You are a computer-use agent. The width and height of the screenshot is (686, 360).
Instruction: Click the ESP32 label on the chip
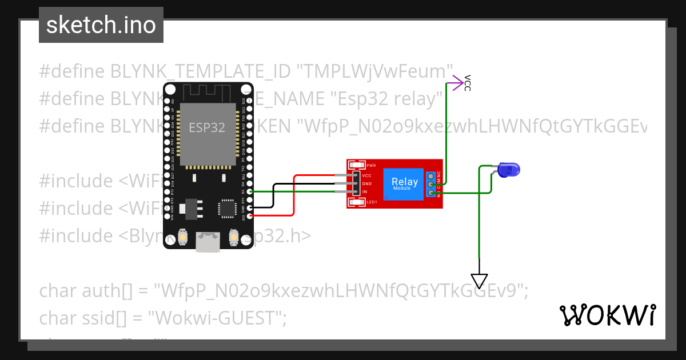207,127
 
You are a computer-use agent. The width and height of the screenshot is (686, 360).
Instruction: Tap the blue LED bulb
508,169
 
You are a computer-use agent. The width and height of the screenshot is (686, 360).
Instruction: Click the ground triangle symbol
479,281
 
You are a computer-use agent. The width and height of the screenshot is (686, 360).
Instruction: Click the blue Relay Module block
404,183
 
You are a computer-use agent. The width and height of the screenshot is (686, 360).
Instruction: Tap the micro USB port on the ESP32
207,241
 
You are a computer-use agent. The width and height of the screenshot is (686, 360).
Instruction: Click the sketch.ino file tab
101,25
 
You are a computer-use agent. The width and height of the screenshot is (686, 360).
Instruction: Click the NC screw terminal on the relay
430,175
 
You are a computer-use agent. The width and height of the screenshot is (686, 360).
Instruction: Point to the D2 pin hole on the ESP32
249,192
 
